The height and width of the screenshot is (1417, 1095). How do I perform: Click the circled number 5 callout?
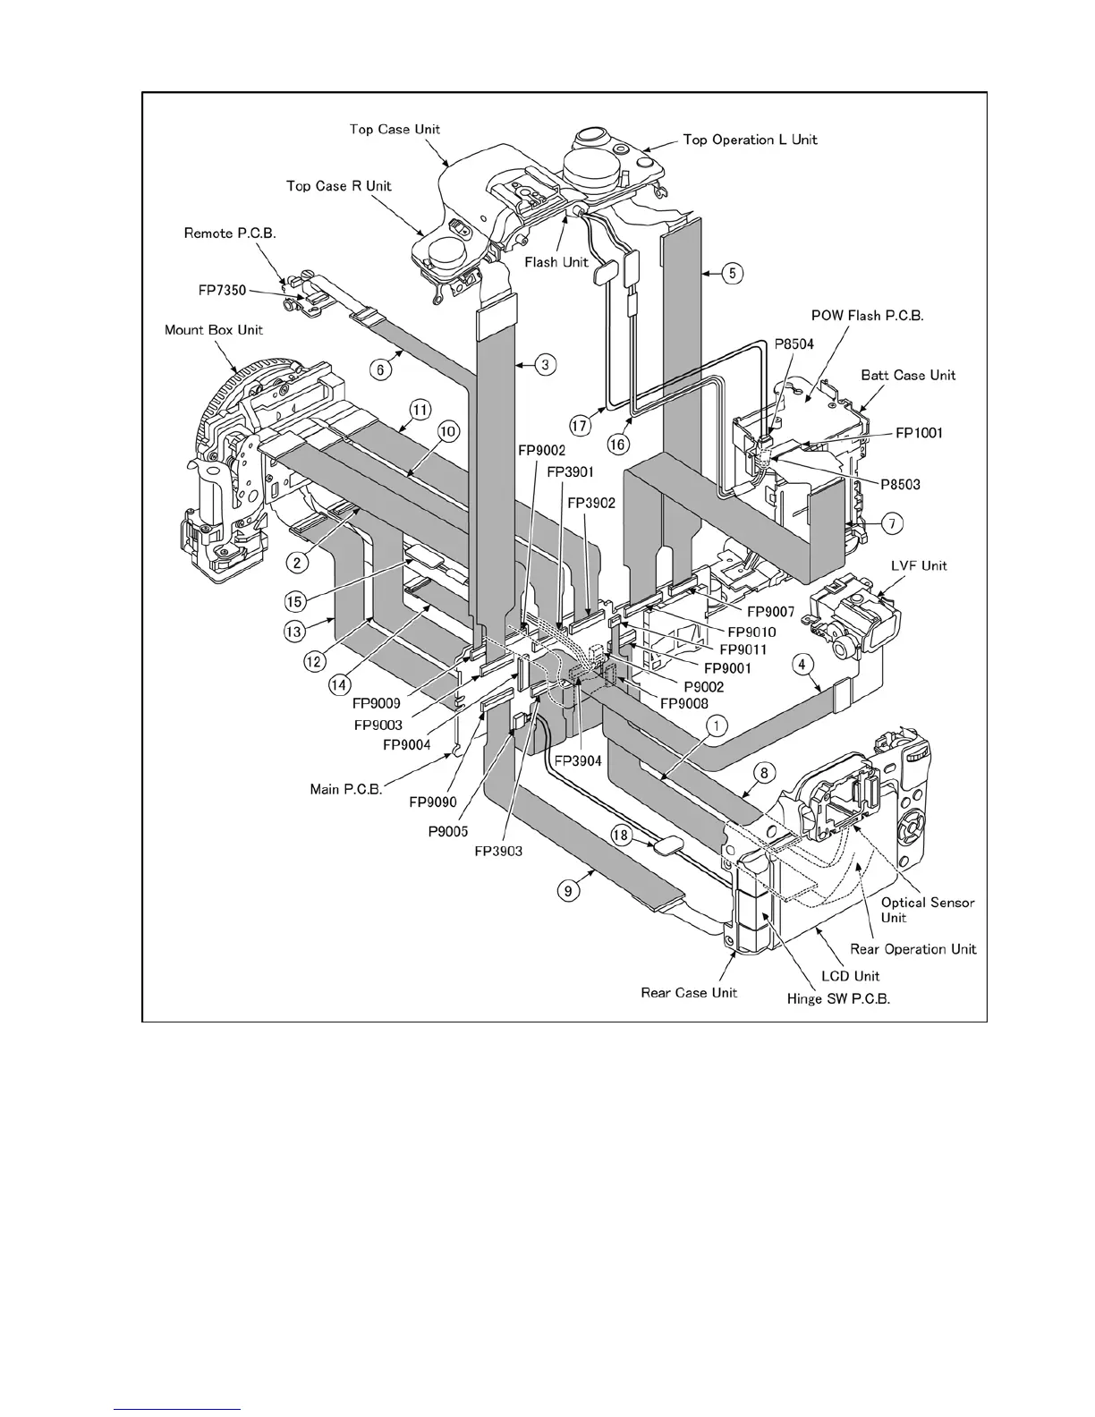pyautogui.click(x=732, y=272)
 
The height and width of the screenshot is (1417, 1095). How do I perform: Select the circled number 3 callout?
pyautogui.click(x=546, y=364)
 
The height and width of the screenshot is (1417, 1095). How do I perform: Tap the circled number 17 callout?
pyautogui.click(x=581, y=427)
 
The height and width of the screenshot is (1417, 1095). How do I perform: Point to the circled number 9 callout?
pyautogui.click(x=565, y=890)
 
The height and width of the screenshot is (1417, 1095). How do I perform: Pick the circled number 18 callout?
pyautogui.click(x=621, y=835)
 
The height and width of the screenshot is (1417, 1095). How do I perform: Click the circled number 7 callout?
pyautogui.click(x=891, y=522)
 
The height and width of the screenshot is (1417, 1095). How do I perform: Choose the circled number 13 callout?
pyautogui.click(x=293, y=631)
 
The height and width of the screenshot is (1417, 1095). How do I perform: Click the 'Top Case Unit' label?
pyautogui.click(x=395, y=130)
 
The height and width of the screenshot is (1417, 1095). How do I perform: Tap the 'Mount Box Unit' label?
pyautogui.click(x=214, y=330)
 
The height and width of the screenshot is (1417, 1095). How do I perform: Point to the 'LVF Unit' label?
pyautogui.click(x=919, y=565)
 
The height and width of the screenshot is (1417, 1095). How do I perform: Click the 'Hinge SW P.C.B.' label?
pyautogui.click(x=838, y=999)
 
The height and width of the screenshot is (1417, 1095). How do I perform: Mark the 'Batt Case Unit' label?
pyautogui.click(x=908, y=376)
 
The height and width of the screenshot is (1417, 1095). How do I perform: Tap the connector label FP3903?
pyautogui.click(x=498, y=851)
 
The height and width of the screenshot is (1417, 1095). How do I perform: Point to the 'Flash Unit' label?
pyautogui.click(x=556, y=262)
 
